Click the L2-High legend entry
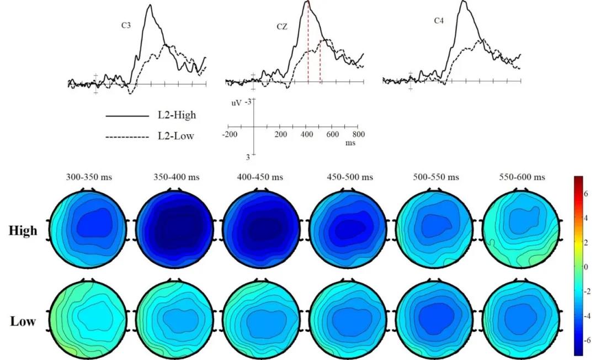(x=176, y=116)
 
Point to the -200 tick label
(x=228, y=135)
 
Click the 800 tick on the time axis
(x=359, y=135)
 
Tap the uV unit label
(x=235, y=103)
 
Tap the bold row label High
(x=24, y=231)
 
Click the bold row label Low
(x=24, y=321)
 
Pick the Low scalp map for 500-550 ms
(x=435, y=319)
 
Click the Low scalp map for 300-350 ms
(x=87, y=319)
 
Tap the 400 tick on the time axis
(x=307, y=135)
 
